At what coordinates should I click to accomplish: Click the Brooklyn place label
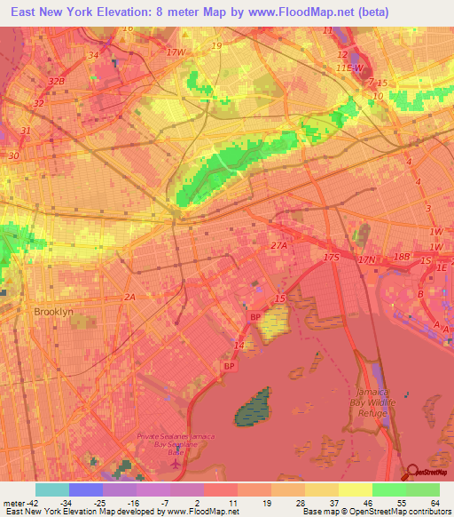click(52, 312)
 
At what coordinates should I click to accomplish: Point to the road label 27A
click(279, 246)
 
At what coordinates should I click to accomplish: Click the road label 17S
click(332, 257)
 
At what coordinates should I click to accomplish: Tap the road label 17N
click(367, 259)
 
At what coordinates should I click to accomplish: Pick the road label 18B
click(401, 257)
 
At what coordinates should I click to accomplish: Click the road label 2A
click(131, 297)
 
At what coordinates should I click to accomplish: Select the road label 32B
click(57, 81)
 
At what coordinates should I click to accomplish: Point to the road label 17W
click(177, 52)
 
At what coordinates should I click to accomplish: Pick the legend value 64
click(434, 503)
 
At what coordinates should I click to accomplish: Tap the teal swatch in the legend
click(52, 489)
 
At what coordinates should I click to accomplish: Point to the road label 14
click(239, 345)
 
